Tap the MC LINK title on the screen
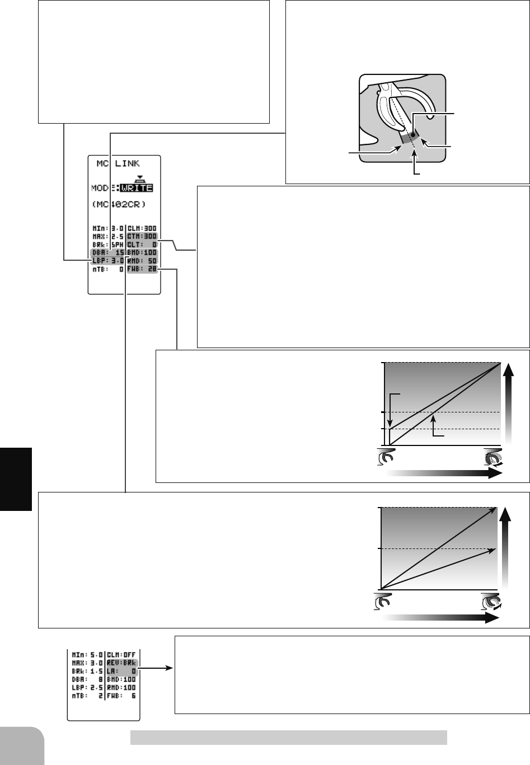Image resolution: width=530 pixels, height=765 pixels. pyautogui.click(x=118, y=163)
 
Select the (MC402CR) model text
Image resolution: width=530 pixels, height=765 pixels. pyautogui.click(x=119, y=204)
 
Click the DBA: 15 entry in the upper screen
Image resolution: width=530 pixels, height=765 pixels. pyautogui.click(x=107, y=252)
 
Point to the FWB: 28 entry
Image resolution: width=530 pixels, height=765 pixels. pyautogui.click(x=142, y=269)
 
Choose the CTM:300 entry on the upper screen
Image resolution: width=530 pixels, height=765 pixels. pyautogui.click(x=142, y=236)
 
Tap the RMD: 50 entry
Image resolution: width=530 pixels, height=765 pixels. pyautogui.click(x=142, y=261)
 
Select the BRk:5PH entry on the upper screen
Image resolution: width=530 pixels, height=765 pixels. pyautogui.click(x=107, y=245)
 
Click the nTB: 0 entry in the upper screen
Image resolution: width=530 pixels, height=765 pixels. pyautogui.click(x=107, y=269)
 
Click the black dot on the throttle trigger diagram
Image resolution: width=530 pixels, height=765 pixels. pyautogui.click(x=413, y=134)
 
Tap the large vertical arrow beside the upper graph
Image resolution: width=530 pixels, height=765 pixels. pyautogui.click(x=508, y=403)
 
